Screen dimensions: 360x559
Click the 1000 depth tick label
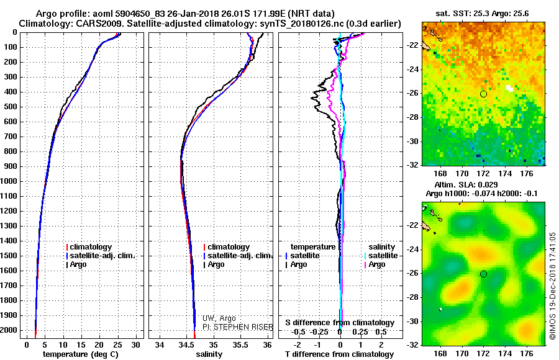tap(9, 181)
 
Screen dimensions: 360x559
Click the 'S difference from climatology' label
tap(340, 323)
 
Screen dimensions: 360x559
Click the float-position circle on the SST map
tap(483, 94)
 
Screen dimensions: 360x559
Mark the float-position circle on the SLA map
tap(483, 274)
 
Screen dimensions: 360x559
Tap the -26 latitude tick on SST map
tap(411, 94)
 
